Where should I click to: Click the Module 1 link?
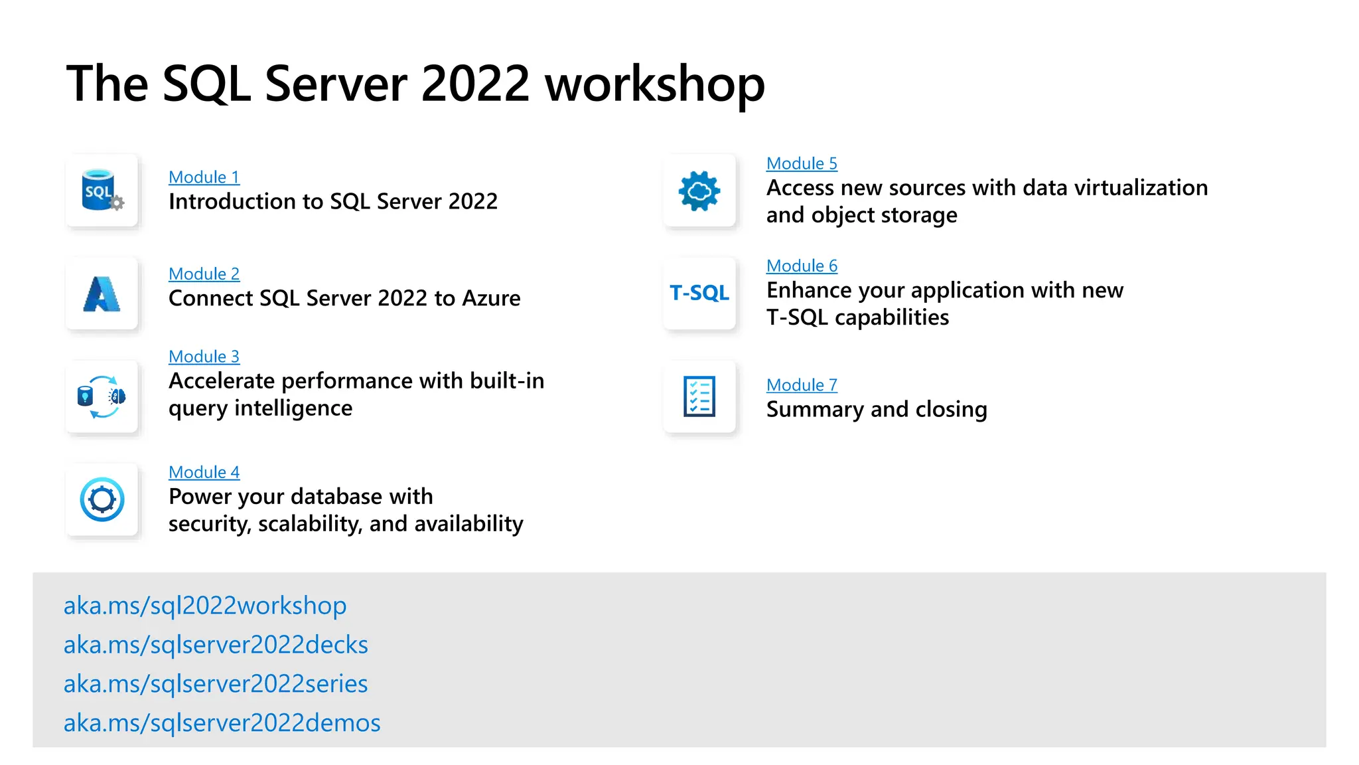coord(204,177)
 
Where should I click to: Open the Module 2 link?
coord(204,274)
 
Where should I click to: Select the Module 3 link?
coord(204,357)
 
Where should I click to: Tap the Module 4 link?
coord(204,472)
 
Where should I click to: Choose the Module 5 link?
coord(802,163)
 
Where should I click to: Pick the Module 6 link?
coord(802,266)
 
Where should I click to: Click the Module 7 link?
coord(802,385)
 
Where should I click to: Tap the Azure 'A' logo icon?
coord(102,294)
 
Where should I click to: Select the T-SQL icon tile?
coord(699,293)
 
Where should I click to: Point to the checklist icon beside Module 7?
coord(699,396)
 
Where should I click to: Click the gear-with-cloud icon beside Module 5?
coord(699,191)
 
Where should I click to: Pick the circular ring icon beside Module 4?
coord(102,499)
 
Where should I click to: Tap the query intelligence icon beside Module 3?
coord(102,396)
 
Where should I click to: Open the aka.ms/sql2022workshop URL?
coord(205,606)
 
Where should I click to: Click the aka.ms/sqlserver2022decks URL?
coord(216,645)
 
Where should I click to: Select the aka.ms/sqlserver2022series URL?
coord(216,684)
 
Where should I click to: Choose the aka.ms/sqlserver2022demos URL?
coord(222,723)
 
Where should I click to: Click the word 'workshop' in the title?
coord(655,84)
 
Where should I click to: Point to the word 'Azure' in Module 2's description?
coord(491,298)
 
